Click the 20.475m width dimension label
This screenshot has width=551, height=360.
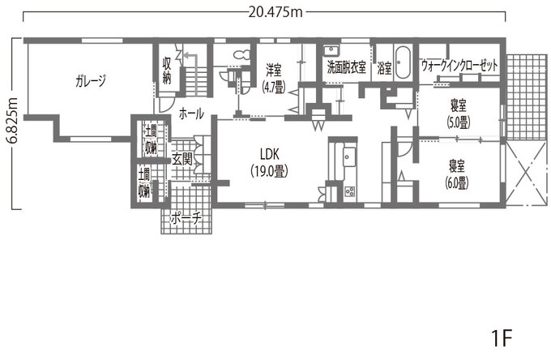pyautogui.click(x=275, y=12)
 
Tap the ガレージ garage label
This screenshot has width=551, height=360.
pyautogui.click(x=90, y=81)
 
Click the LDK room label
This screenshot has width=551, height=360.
pyautogui.click(x=270, y=154)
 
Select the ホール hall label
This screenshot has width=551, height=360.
pyautogui.click(x=191, y=114)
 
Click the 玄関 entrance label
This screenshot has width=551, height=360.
pyautogui.click(x=182, y=160)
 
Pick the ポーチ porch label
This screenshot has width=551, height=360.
pyautogui.click(x=186, y=219)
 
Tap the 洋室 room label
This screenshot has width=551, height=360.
pyautogui.click(x=273, y=71)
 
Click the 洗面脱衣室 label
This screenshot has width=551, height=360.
pyautogui.click(x=347, y=67)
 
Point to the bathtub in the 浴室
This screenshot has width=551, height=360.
pyautogui.click(x=403, y=62)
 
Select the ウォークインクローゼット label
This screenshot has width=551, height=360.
pyautogui.click(x=459, y=66)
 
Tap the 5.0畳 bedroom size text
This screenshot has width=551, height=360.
pyautogui.click(x=459, y=122)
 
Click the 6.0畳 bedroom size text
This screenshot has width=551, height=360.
pyautogui.click(x=457, y=182)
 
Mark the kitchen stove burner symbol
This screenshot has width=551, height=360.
pyautogui.click(x=350, y=191)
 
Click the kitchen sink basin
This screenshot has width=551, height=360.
pyautogui.click(x=350, y=156)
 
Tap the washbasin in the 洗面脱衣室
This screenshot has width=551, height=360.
pyautogui.click(x=331, y=51)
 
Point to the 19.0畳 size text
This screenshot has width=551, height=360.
pyautogui.click(x=270, y=171)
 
